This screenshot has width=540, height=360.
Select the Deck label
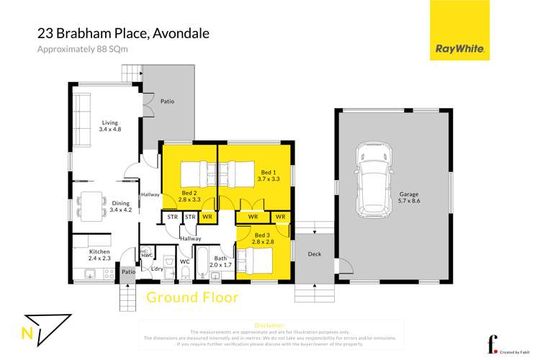314,253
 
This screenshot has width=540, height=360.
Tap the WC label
184,261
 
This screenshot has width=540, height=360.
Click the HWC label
146,254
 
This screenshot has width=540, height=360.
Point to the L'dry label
157,269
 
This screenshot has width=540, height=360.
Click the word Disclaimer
269,325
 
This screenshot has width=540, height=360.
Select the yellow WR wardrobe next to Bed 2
207,217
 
